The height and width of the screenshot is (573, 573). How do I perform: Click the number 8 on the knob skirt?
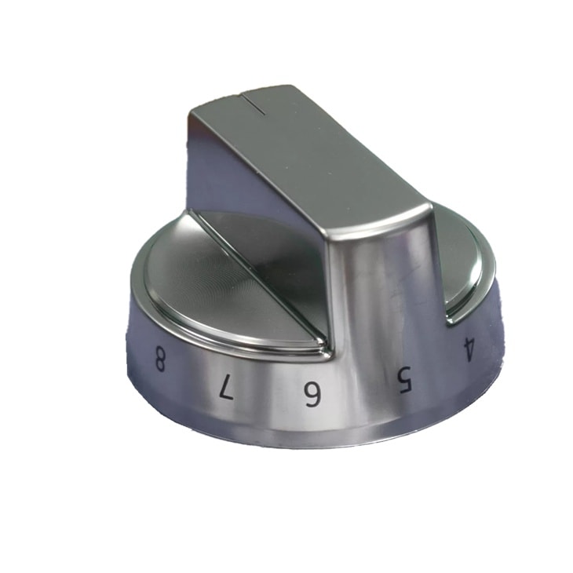tap(160, 362)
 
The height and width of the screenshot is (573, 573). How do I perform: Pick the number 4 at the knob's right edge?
tap(469, 348)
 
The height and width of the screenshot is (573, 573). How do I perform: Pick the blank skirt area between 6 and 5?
tap(357, 392)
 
